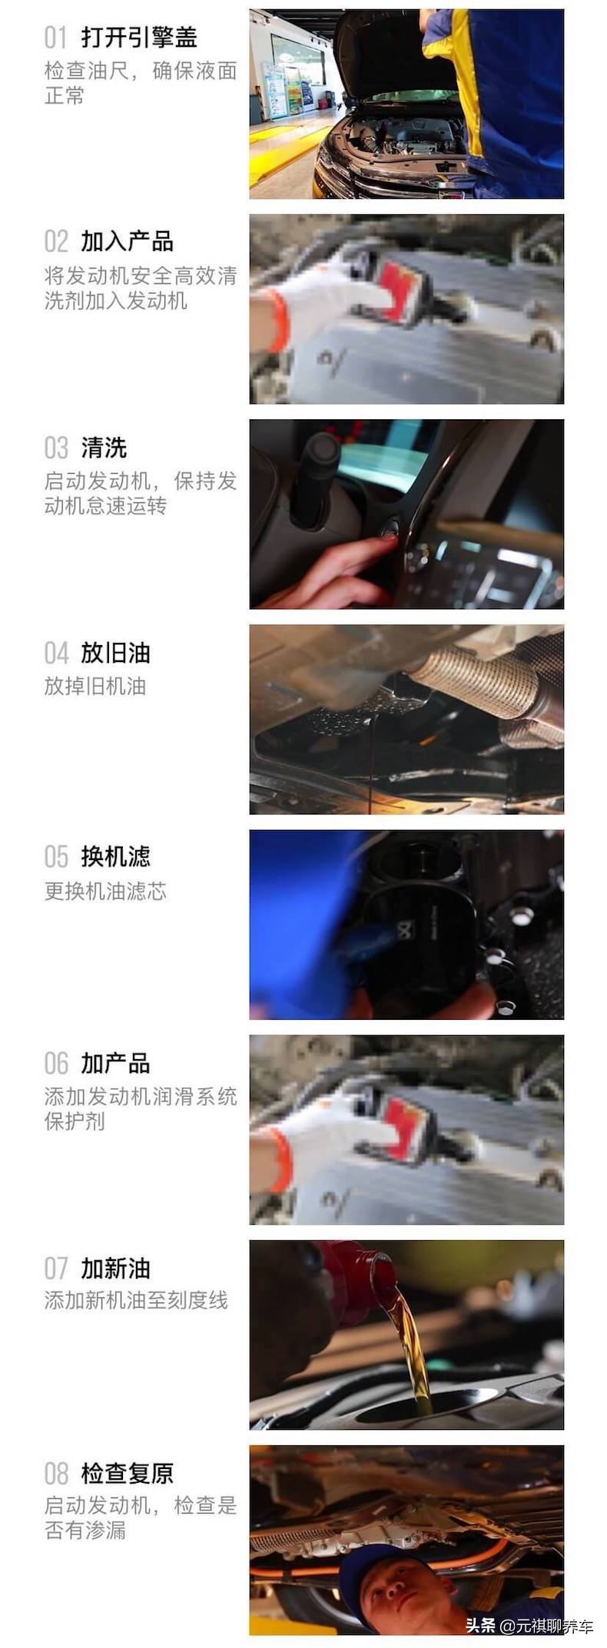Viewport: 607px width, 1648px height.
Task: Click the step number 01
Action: tap(56, 37)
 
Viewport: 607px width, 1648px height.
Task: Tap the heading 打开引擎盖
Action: tap(139, 37)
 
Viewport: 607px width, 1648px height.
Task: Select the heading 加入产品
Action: tap(127, 241)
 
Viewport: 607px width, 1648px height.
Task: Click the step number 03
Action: tap(56, 448)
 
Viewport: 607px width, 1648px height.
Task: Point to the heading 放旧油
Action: tap(115, 653)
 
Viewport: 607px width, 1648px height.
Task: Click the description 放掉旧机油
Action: tap(95, 686)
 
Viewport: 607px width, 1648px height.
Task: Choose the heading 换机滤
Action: tap(115, 857)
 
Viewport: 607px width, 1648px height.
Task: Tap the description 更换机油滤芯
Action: tap(105, 891)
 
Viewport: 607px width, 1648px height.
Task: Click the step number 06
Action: tap(56, 1063)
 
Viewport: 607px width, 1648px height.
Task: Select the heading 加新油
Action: tap(115, 1269)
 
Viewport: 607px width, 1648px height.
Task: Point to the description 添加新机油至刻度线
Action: tap(136, 1300)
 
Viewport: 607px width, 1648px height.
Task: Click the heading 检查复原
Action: tap(127, 1473)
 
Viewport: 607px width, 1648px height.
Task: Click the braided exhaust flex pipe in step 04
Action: tap(476, 680)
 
